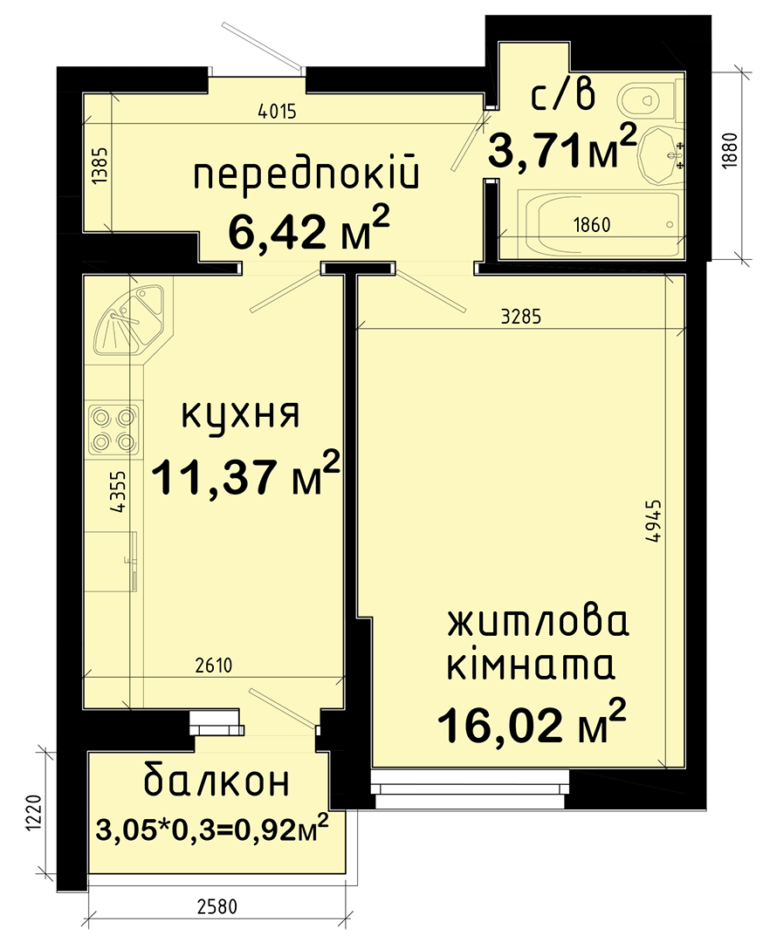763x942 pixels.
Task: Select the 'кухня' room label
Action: coord(240,414)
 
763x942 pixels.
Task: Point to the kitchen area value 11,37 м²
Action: coord(245,475)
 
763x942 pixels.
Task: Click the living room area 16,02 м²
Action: coord(532,723)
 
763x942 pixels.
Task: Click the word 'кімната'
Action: coord(531,667)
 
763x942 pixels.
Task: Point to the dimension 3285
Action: coord(521,317)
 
